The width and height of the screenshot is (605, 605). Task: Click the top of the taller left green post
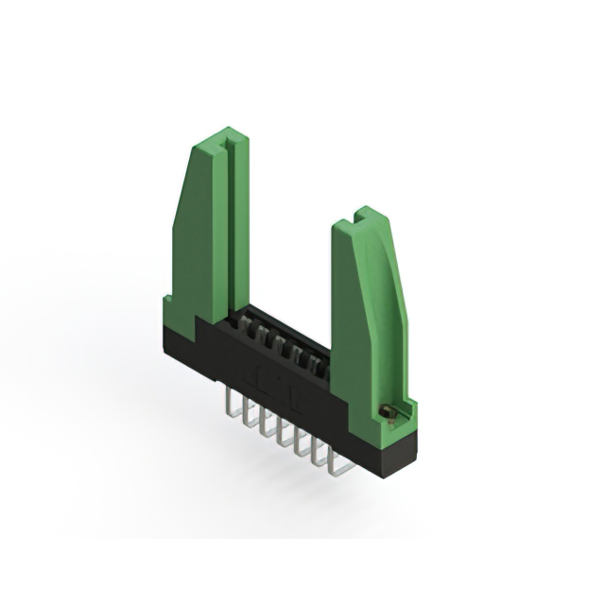tap(224, 141)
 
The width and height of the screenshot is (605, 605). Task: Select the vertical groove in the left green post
tap(226, 227)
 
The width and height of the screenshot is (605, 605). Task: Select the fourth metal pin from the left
tap(281, 435)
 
